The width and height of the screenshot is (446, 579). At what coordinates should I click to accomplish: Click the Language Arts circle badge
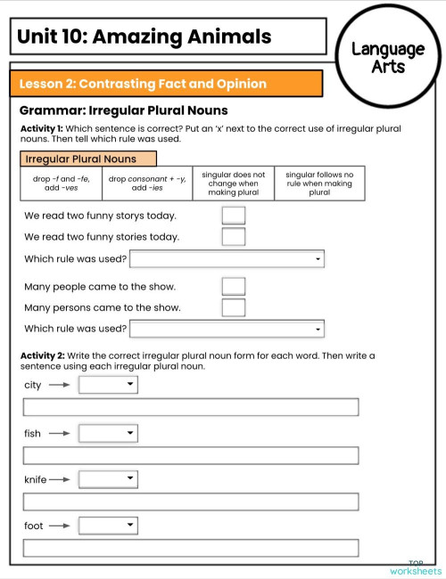(x=388, y=57)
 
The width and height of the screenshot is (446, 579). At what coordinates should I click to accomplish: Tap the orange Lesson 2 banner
(x=166, y=84)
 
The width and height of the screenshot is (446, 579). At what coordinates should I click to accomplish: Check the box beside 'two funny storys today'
(x=233, y=215)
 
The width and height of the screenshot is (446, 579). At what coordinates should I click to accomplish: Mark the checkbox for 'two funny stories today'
(x=233, y=236)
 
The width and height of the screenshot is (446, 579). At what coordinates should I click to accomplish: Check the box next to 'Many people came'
(x=233, y=286)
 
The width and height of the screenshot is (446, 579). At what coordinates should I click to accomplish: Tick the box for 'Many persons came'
(x=233, y=307)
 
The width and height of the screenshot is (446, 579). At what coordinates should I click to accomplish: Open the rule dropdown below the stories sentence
(x=227, y=259)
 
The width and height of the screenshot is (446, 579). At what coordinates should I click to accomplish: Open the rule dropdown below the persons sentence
(x=227, y=329)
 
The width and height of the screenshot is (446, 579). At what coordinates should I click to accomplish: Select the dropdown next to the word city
(x=108, y=385)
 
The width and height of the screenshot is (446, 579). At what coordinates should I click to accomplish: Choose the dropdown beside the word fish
(x=108, y=433)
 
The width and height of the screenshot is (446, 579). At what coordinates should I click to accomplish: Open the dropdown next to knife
(x=108, y=479)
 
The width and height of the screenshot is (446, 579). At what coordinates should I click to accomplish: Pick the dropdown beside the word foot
(x=108, y=526)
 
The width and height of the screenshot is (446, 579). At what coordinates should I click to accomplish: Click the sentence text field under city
(x=191, y=407)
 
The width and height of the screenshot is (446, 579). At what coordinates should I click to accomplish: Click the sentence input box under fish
(x=191, y=455)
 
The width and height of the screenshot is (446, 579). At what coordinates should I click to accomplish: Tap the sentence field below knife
(x=191, y=502)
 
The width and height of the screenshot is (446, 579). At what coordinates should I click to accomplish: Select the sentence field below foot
(x=191, y=548)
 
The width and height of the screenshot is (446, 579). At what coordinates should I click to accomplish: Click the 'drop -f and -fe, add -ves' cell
(x=60, y=183)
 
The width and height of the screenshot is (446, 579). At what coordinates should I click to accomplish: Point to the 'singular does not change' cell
(x=234, y=183)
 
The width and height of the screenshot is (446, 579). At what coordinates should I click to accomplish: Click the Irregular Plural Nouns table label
(x=88, y=159)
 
